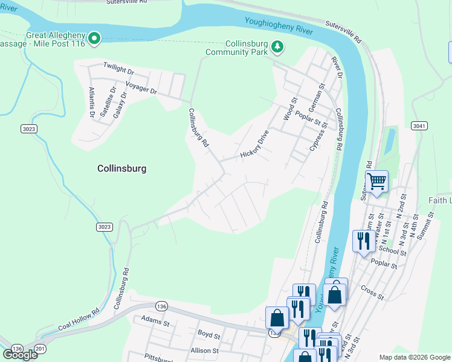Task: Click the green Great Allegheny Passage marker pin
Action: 94,39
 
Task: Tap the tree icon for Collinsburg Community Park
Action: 277,46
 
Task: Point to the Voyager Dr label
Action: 141,87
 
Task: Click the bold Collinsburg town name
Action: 122,169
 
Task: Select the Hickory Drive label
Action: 254,144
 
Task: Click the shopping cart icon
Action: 376,181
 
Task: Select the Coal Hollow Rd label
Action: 79,321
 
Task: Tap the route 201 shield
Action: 40,349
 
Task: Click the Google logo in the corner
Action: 20,354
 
